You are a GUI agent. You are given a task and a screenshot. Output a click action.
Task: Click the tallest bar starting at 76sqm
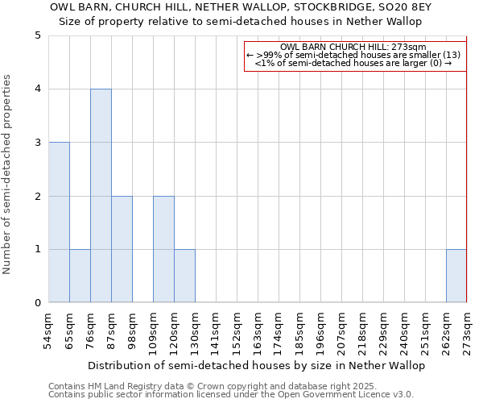[x=101, y=196]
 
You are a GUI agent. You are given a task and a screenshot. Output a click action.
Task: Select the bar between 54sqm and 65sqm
[x=59, y=222]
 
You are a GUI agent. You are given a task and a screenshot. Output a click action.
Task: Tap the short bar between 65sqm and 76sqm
[x=80, y=276]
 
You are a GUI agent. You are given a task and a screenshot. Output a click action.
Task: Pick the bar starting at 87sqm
[x=122, y=249]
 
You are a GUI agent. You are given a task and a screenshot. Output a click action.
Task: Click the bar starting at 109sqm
[x=163, y=249]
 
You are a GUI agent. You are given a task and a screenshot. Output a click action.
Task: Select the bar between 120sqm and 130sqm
[x=184, y=276]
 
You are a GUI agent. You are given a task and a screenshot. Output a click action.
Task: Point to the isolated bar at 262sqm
[x=456, y=276]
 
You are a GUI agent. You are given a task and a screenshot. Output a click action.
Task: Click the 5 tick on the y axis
[x=38, y=35]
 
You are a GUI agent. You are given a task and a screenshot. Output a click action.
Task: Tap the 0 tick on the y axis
[x=38, y=303]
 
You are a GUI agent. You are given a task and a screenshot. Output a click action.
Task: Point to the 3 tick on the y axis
[x=38, y=143]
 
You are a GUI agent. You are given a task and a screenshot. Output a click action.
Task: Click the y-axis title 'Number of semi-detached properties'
[x=8, y=174]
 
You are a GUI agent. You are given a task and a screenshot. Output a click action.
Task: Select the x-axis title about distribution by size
[x=256, y=365]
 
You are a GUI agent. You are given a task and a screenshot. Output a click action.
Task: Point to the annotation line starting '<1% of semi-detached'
[x=353, y=63]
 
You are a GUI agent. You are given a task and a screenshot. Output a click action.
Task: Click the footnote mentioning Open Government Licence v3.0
[x=230, y=395]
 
